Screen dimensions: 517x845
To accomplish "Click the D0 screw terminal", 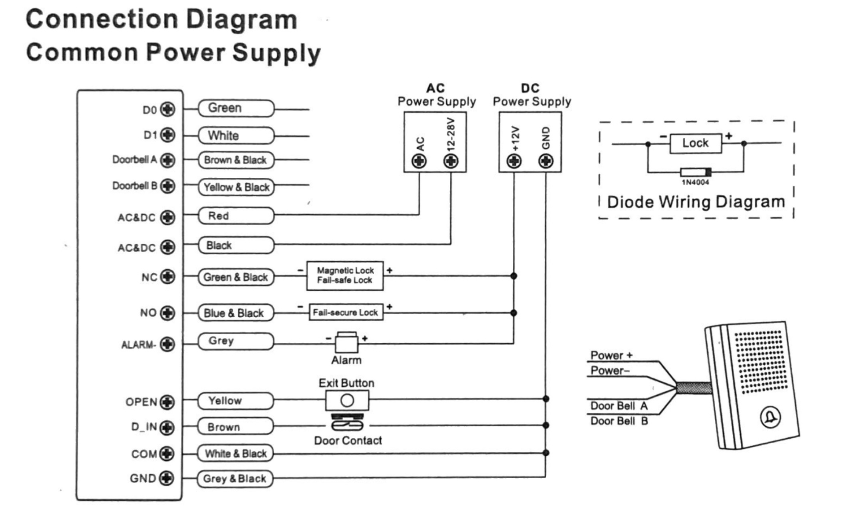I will point(168,109).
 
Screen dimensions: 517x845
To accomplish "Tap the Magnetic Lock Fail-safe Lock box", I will point(345,276).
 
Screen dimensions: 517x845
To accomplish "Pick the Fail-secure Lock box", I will point(345,312).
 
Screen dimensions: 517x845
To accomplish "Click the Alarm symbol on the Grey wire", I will point(347,342).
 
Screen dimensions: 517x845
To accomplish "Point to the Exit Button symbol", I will point(347,400).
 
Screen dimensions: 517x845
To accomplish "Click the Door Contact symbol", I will point(347,423).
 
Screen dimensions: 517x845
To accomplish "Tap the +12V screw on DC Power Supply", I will point(514,161).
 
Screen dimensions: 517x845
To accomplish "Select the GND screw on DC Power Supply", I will point(546,161).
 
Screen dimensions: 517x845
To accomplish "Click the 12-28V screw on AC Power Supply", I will point(451,161).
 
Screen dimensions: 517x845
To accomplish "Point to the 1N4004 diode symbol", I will point(696,172).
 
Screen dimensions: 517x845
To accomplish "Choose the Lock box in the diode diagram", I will point(695,143).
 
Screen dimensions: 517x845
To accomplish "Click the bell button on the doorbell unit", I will point(770,417).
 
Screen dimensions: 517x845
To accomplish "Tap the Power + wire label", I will point(611,355).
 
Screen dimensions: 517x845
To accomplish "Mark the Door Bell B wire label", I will point(619,421).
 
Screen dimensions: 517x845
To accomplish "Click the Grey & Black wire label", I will point(235,479).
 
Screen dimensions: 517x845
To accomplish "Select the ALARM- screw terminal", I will point(167,344).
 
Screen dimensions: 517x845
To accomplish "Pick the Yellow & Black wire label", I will point(236,187).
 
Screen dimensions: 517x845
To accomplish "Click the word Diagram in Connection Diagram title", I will point(242,20).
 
